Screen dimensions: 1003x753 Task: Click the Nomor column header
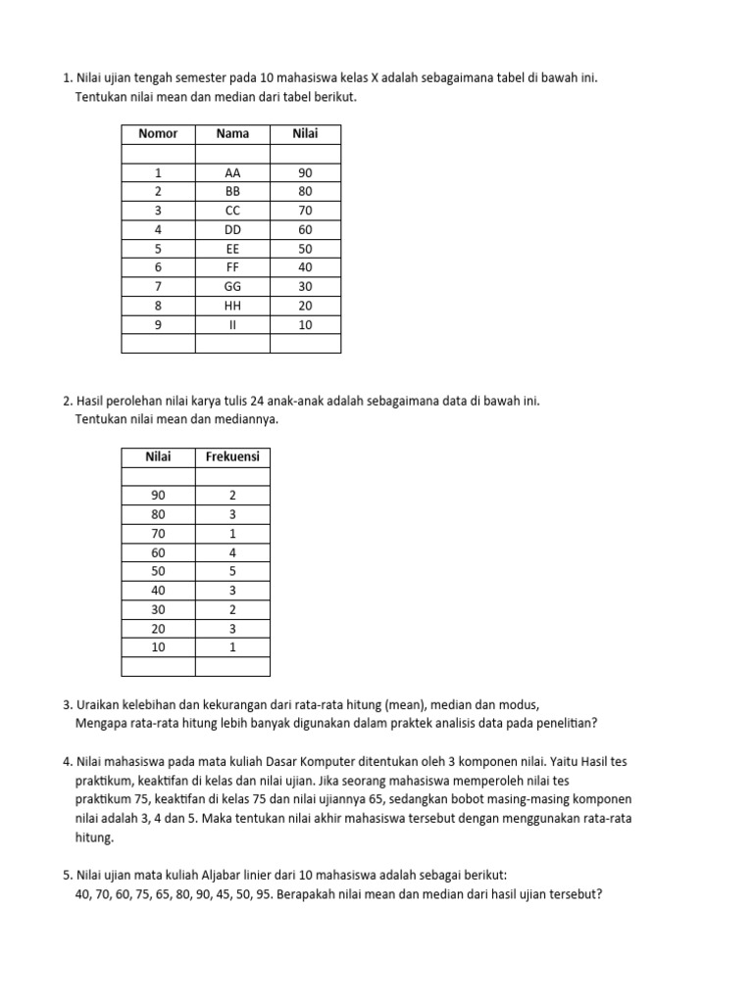pyautogui.click(x=158, y=134)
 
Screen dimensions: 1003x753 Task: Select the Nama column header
pyautogui.click(x=232, y=134)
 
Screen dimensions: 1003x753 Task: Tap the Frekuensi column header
pyautogui.click(x=232, y=457)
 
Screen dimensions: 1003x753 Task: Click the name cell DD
pyautogui.click(x=232, y=230)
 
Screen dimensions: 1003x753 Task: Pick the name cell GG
pyautogui.click(x=232, y=287)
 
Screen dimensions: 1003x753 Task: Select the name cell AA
pyautogui.click(x=232, y=173)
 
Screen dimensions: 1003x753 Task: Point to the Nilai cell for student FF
pyautogui.click(x=305, y=267)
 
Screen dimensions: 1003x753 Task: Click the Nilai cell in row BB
pyautogui.click(x=305, y=192)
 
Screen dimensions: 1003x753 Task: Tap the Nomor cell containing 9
pyautogui.click(x=158, y=325)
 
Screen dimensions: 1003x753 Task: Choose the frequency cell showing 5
pyautogui.click(x=232, y=571)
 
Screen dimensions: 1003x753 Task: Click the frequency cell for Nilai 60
pyautogui.click(x=232, y=552)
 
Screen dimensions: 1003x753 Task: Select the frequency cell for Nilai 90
pyautogui.click(x=232, y=496)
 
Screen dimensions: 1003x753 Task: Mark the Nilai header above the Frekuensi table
pyautogui.click(x=158, y=457)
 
